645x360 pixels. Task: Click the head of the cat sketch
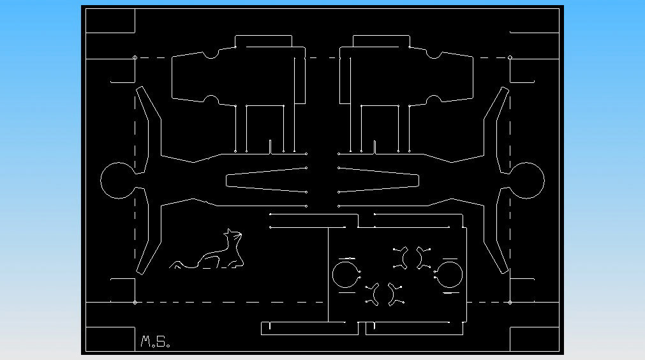coord(233,237)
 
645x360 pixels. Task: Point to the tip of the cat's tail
coord(172,266)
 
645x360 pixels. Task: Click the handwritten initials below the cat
coord(155,343)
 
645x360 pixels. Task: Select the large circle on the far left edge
coord(117,181)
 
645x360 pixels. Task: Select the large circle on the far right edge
coord(528,181)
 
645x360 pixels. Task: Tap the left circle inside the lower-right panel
coord(345,274)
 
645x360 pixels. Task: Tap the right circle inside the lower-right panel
coord(450,275)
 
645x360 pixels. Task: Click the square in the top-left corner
coord(110,20)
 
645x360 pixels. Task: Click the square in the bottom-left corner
coord(110,338)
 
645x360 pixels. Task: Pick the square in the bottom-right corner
coord(535,338)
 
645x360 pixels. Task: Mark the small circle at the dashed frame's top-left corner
coord(135,58)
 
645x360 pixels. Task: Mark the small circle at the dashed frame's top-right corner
coord(510,58)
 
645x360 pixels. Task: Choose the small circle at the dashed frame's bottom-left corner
coord(135,302)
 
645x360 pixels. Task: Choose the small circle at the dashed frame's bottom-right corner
coord(510,302)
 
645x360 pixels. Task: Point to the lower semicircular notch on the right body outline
coord(434,100)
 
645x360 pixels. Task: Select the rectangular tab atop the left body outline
coord(264,41)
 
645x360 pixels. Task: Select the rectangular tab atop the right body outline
coord(381,41)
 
